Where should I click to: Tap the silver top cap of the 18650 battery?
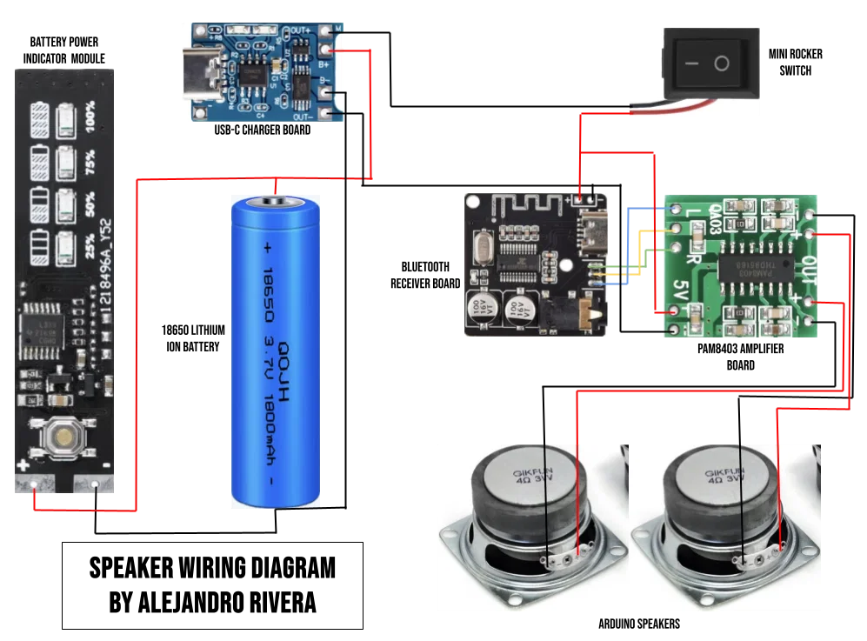(276, 204)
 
